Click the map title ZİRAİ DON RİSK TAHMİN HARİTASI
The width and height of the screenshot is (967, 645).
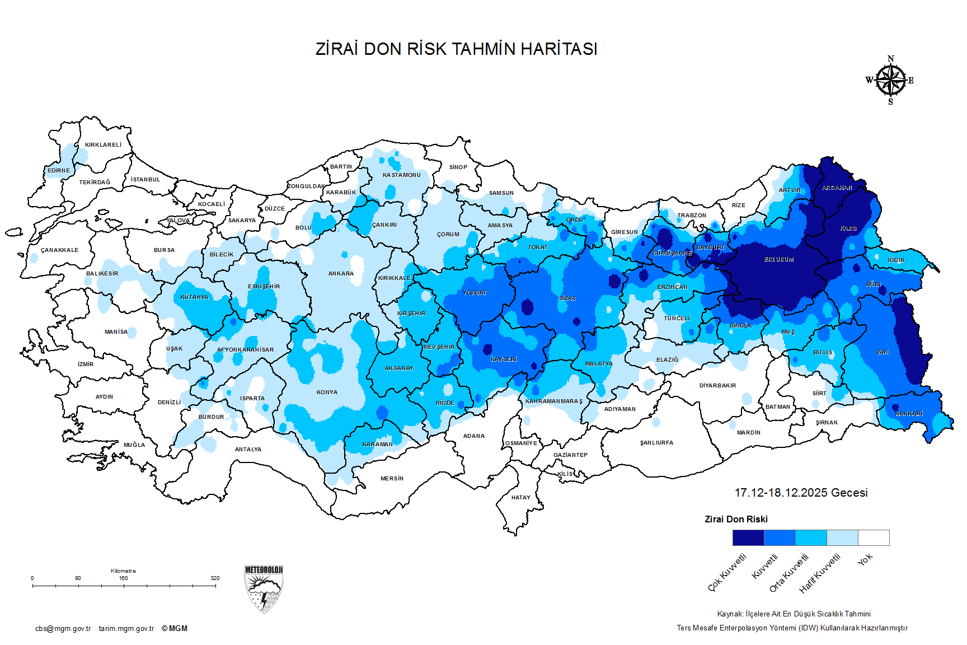click(x=456, y=49)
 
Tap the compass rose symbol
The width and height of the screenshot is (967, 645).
click(x=890, y=81)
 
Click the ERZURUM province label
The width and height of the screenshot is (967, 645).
click(x=779, y=260)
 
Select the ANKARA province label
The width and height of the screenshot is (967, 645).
click(x=341, y=274)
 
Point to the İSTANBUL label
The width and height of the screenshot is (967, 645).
click(x=145, y=180)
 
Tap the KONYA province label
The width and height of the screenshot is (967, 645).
click(x=327, y=392)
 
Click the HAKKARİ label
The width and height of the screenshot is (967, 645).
click(x=909, y=414)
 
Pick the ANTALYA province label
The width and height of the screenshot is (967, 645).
click(x=248, y=450)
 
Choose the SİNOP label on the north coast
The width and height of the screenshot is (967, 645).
click(x=458, y=167)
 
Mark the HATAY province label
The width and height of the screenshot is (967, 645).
click(x=520, y=498)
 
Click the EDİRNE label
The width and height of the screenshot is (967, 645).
click(x=59, y=171)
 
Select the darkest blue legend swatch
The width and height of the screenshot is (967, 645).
click(x=748, y=537)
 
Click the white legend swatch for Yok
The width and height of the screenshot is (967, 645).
click(x=874, y=537)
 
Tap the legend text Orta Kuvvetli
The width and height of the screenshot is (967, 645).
click(x=789, y=573)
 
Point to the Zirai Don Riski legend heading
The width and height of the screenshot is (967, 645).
click(x=736, y=520)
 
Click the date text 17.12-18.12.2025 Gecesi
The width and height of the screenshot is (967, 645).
click(x=801, y=493)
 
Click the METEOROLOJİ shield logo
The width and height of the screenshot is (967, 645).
click(x=264, y=589)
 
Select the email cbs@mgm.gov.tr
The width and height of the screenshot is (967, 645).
click(x=63, y=629)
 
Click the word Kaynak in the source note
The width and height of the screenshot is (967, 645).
click(x=729, y=614)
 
